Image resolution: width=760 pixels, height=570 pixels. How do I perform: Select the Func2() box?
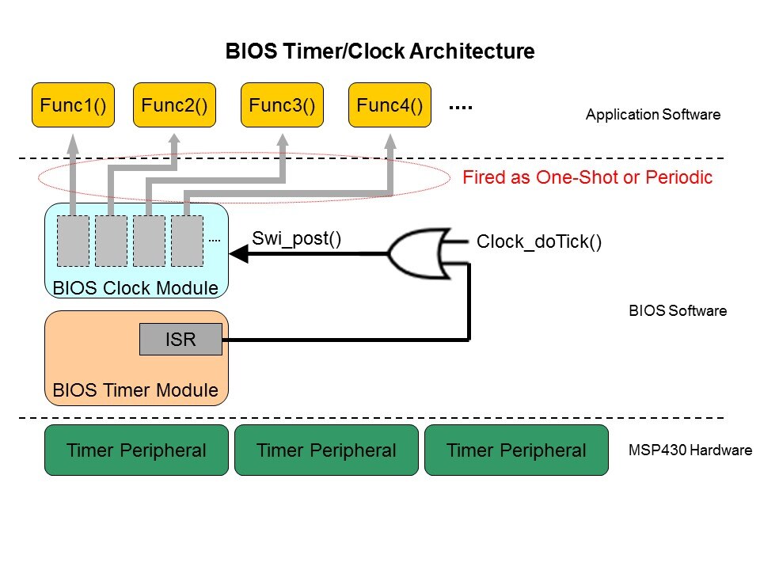tap(174, 105)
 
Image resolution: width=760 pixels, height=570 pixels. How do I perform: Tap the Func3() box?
tap(282, 105)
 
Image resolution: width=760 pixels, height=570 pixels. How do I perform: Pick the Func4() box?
tap(389, 105)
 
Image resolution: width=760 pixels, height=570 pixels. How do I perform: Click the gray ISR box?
tap(180, 340)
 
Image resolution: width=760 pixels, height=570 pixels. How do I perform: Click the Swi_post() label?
tap(296, 238)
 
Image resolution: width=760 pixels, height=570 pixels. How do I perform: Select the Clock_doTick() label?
tap(539, 242)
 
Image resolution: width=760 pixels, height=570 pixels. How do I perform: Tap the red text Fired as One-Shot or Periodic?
tap(587, 177)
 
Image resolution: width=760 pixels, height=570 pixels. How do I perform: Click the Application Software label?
tap(652, 115)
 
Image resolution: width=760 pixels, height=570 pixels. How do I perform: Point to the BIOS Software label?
tap(676, 311)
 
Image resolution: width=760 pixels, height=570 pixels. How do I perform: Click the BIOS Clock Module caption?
tap(135, 288)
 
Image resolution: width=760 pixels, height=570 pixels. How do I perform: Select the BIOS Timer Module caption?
tap(135, 390)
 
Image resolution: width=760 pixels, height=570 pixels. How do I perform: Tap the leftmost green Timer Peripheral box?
tap(136, 450)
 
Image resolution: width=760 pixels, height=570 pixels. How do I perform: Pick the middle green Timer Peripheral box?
tap(326, 450)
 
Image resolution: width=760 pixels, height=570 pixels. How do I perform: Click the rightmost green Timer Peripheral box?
tap(516, 450)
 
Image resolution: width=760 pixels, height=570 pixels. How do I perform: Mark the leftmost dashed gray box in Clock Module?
tap(73, 241)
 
